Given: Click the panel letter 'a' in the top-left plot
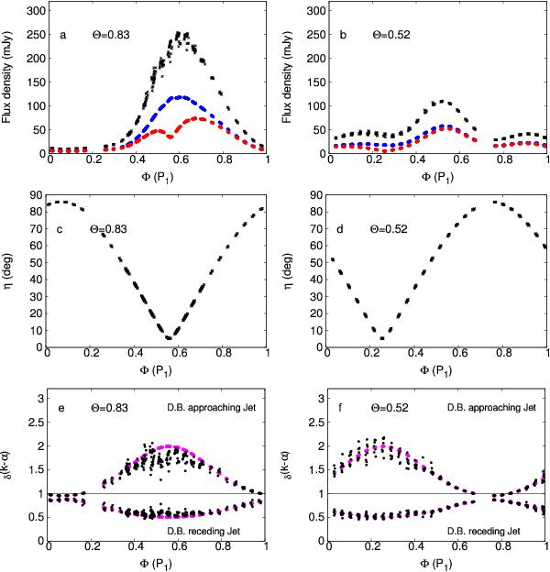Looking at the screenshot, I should [62, 36].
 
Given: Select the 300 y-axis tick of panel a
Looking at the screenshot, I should [35, 12].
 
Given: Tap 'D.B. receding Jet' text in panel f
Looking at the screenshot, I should [489, 529].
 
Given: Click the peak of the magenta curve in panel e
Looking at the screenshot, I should [168, 446].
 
